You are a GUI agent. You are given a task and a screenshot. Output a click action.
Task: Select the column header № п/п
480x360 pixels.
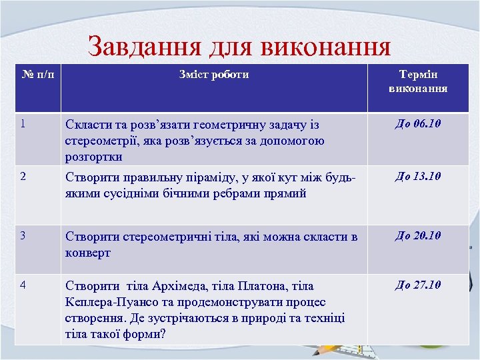click(x=34, y=75)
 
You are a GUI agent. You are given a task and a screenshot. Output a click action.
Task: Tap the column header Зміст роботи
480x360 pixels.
click(x=213, y=75)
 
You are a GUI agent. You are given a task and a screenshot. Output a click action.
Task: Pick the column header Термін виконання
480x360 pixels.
click(x=418, y=81)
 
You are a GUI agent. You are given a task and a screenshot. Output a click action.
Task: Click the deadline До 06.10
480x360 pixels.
click(x=418, y=124)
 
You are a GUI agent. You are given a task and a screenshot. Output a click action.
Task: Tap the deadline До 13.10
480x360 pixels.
click(x=418, y=177)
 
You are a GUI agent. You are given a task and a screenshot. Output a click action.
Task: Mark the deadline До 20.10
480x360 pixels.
click(x=418, y=235)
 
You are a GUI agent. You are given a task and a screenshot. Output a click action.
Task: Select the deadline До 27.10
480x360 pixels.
click(x=418, y=285)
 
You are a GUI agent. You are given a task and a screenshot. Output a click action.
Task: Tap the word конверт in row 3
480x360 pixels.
click(x=89, y=253)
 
